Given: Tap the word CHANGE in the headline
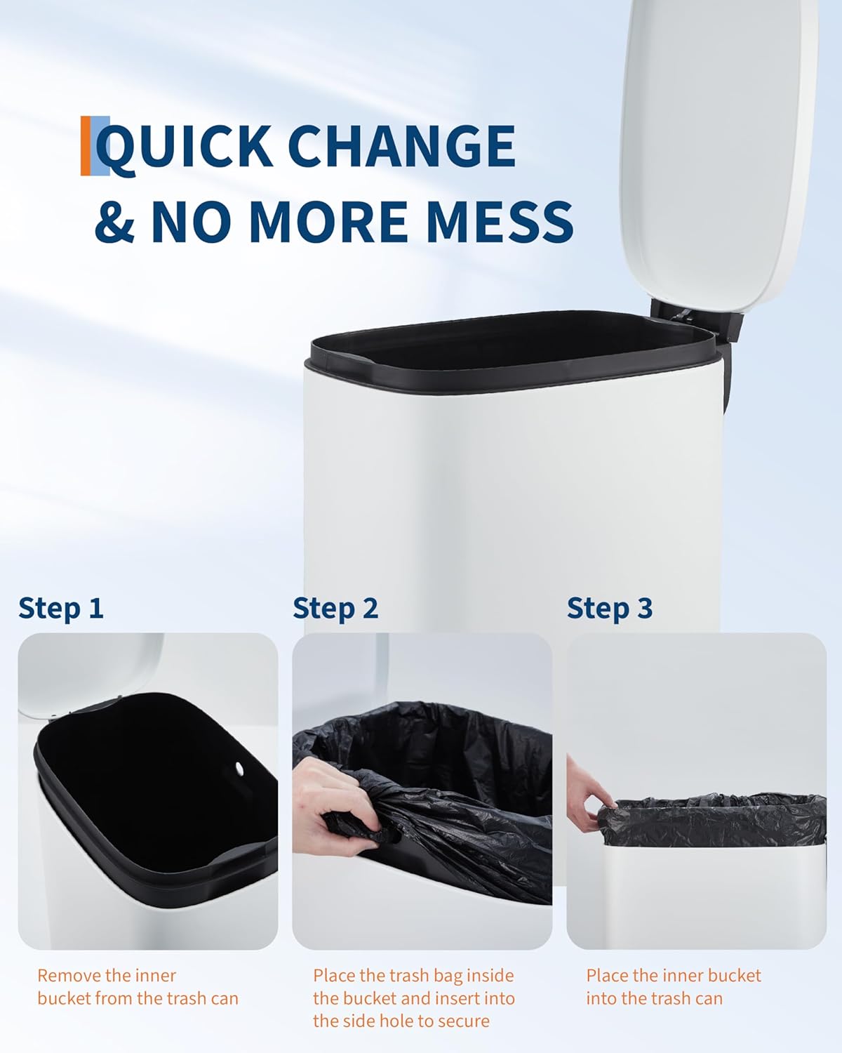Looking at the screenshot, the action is click(x=401, y=145).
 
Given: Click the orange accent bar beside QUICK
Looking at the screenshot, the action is click(x=86, y=145).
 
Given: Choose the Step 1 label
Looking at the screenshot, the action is click(x=60, y=608).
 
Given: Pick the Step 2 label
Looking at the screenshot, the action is click(x=335, y=608).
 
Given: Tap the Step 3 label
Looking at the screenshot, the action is click(x=610, y=608).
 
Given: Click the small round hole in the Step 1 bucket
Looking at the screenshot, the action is click(x=240, y=767).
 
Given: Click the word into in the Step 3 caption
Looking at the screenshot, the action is click(x=603, y=998).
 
